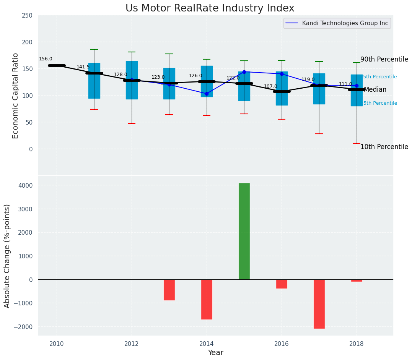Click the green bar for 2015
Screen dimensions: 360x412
click(x=244, y=231)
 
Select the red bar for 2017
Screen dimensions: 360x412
click(x=319, y=304)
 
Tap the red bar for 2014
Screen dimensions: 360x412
click(x=207, y=299)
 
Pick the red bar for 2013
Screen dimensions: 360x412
click(x=169, y=290)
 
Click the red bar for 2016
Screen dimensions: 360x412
click(x=282, y=284)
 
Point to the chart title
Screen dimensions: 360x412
click(x=210, y=8)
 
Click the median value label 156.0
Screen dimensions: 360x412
click(x=46, y=59)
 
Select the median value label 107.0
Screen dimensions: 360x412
click(x=270, y=86)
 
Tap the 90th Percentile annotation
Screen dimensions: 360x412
click(x=384, y=59)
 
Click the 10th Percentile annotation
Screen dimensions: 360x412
click(x=384, y=147)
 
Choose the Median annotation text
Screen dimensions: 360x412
click(x=375, y=90)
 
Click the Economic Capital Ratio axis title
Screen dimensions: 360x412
click(x=16, y=96)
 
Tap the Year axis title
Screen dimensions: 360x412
click(x=215, y=352)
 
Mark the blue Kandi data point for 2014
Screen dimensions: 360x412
click(x=207, y=94)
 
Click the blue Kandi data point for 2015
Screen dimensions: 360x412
click(x=244, y=72)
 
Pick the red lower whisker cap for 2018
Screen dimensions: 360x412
click(x=357, y=143)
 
